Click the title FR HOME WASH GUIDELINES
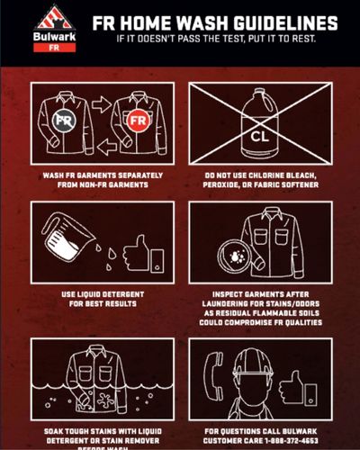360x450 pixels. [215, 22]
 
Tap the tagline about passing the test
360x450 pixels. [215, 40]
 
